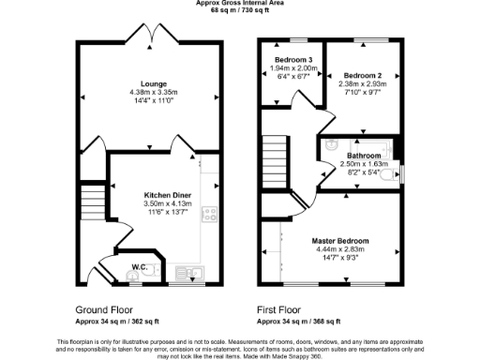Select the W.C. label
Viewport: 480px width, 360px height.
140,267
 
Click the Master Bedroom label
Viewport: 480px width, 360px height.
339,241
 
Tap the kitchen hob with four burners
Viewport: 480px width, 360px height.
211,213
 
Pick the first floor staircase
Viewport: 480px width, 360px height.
273,155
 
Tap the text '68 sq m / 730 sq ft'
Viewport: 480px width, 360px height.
241,11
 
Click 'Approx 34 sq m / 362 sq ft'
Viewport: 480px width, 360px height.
121,321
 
